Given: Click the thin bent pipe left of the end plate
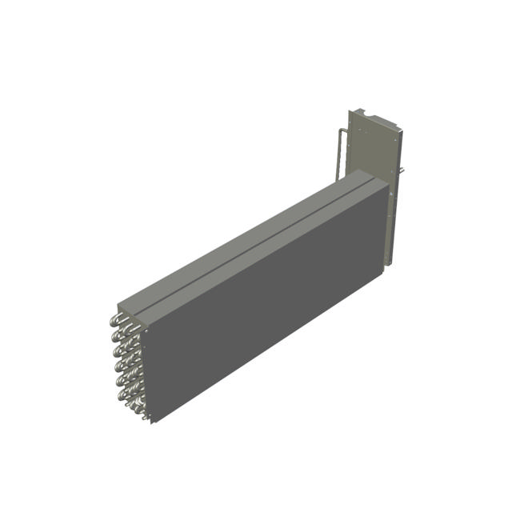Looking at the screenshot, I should (x=340, y=152).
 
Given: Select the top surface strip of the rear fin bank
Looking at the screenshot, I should (x=240, y=240).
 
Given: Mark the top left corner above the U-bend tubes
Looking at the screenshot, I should (x=118, y=305).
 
